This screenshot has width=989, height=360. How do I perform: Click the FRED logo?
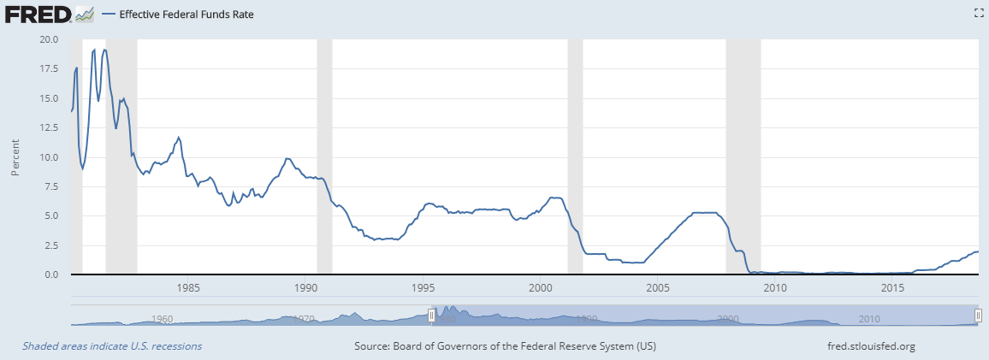(38, 14)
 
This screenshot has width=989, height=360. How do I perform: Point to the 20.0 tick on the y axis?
(49, 39)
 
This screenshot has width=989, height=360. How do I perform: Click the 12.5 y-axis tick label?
(49, 127)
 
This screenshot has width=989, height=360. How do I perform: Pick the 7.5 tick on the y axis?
(51, 186)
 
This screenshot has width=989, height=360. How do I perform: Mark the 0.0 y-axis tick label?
(51, 274)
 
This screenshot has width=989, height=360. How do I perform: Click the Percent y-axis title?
(15, 157)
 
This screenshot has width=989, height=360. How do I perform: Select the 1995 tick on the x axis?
(423, 288)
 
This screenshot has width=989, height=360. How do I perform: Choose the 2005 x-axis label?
(658, 288)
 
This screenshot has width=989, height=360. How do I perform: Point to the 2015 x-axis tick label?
(892, 288)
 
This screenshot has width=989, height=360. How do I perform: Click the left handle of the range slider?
(431, 316)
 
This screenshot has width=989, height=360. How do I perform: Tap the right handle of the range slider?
(978, 316)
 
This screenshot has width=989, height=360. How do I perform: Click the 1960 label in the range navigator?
(163, 319)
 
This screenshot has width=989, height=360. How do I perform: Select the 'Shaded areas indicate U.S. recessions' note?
(112, 346)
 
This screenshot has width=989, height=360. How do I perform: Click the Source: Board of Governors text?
(505, 346)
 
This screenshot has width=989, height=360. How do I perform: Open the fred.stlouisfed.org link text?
(867, 346)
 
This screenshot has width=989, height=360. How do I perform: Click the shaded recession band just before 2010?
(743, 154)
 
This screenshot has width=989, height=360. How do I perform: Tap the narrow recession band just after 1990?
(324, 154)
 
